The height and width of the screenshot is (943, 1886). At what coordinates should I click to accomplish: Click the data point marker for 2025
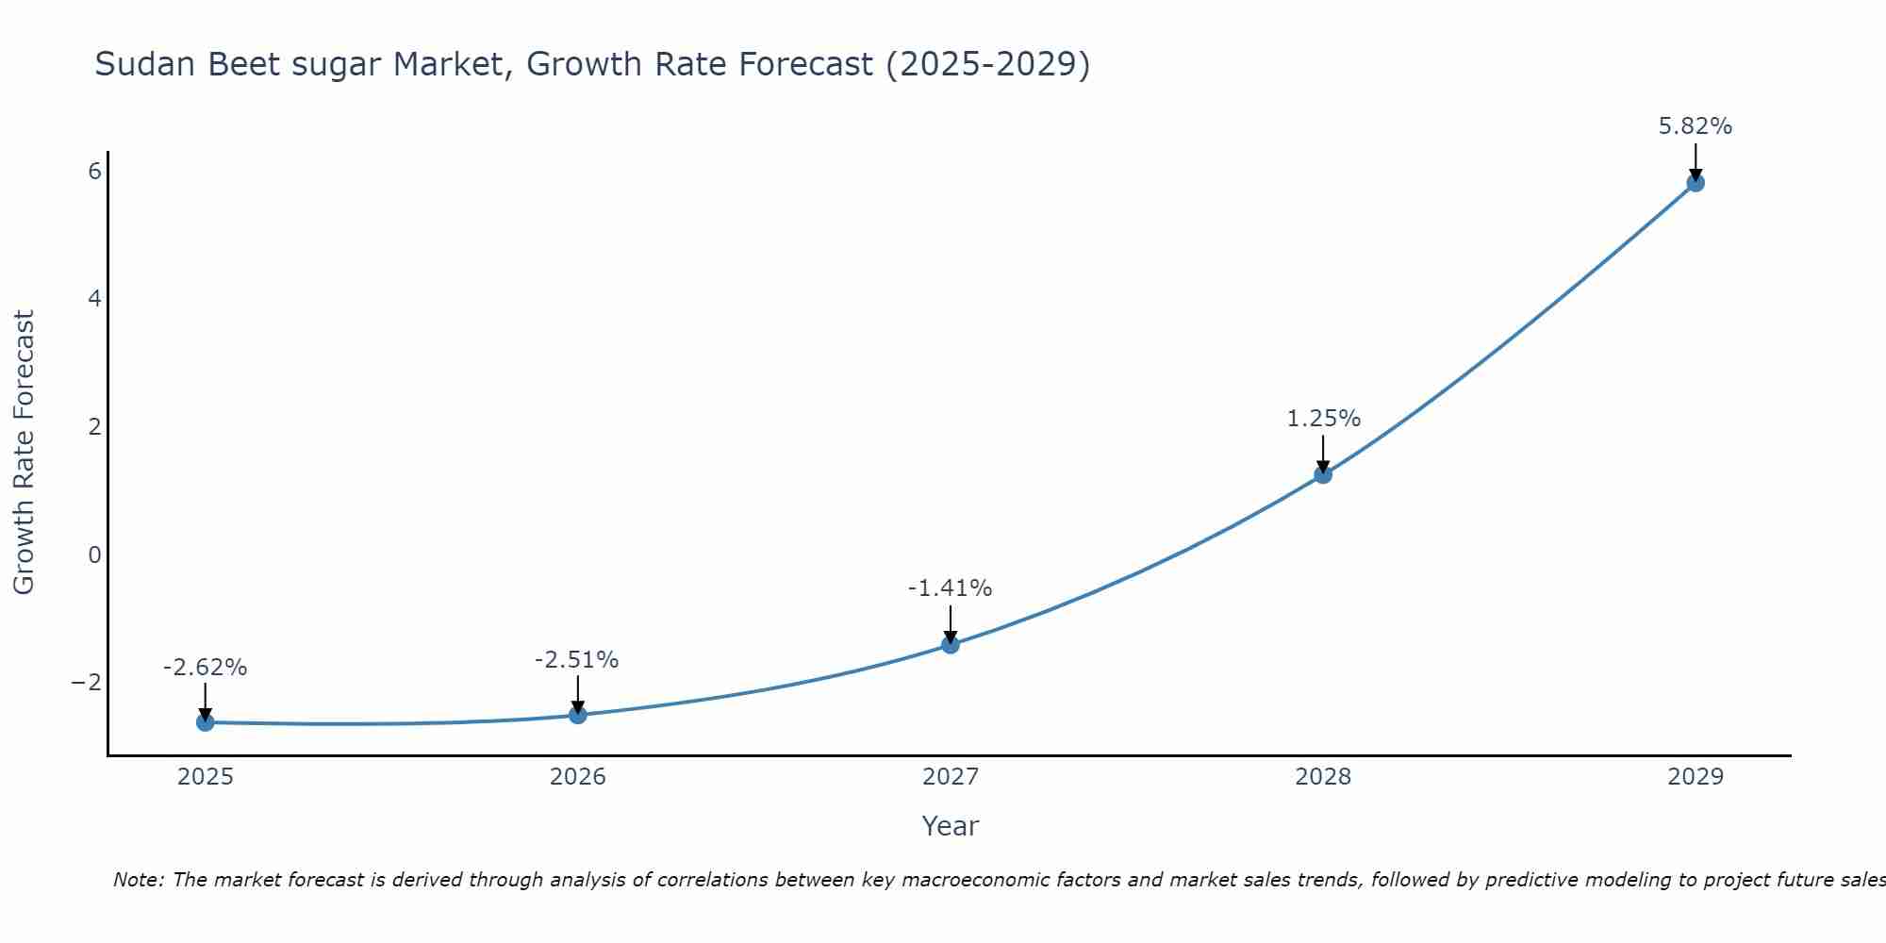click(206, 722)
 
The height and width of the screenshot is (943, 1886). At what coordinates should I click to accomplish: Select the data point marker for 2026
click(578, 715)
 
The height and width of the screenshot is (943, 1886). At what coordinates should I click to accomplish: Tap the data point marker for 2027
click(951, 645)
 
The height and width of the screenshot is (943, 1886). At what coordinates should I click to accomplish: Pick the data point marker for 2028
click(1323, 474)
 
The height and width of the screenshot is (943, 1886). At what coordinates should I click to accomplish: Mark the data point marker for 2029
click(1696, 183)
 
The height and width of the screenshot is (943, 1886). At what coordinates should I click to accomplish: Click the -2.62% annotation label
click(206, 668)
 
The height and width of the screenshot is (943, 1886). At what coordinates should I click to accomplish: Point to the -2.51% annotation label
click(577, 660)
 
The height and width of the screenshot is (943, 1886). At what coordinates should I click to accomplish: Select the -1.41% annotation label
click(950, 588)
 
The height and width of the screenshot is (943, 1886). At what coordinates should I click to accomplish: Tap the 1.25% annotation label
click(1324, 419)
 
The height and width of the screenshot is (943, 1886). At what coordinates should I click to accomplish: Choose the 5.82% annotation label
click(1696, 126)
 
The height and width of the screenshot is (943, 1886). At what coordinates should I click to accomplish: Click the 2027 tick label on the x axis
click(951, 777)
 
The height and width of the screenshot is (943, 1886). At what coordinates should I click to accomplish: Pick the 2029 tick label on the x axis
click(1696, 777)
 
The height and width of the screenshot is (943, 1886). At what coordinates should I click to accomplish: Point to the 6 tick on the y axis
click(94, 171)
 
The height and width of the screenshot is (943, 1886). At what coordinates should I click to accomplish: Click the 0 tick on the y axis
click(94, 554)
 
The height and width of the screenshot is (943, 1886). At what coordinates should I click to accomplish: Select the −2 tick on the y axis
click(87, 682)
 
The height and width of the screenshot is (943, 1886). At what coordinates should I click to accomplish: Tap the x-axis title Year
click(951, 826)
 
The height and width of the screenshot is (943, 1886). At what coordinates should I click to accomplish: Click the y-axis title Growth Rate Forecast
click(24, 452)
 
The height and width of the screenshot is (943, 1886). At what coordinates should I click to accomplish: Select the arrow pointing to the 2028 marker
click(1323, 453)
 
